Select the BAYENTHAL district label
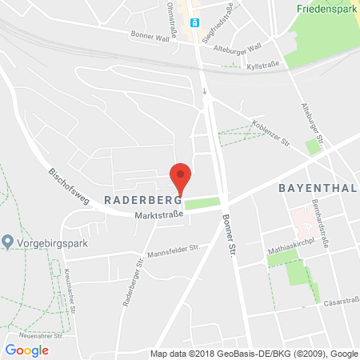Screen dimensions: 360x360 tap(314, 188)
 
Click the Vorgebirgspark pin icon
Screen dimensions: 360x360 tap(7, 241)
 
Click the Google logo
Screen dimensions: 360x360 tap(26, 350)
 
